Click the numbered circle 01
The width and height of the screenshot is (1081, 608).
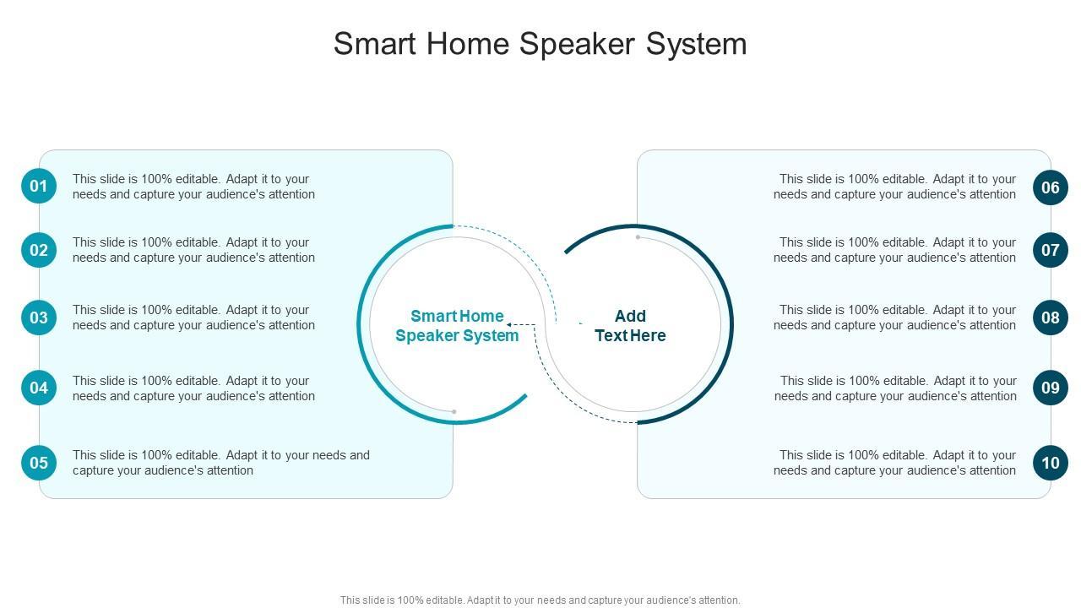pos(39,186)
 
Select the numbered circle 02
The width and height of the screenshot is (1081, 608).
pos(39,250)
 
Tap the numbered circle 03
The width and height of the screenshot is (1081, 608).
pos(39,318)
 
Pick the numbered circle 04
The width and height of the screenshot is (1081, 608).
pos(39,388)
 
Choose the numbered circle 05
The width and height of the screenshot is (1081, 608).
pos(39,463)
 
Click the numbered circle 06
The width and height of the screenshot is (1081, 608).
pos(1050,187)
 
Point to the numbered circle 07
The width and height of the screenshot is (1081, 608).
pos(1050,250)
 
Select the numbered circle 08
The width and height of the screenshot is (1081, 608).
pos(1050,318)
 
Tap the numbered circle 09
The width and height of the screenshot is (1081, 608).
pos(1050,388)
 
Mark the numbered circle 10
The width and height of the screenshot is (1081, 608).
pos(1050,463)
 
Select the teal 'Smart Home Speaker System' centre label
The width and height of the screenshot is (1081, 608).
pos(457,326)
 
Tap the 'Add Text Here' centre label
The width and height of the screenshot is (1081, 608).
pos(630,326)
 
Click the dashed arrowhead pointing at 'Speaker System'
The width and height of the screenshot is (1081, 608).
pos(510,324)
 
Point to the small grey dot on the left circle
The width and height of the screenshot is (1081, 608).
pos(454,412)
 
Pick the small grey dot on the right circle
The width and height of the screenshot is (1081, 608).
pos(638,237)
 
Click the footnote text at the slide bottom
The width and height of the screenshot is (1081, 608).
pos(540,600)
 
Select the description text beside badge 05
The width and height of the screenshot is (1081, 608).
pos(221,463)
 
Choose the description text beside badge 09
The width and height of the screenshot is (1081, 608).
pos(895,388)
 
